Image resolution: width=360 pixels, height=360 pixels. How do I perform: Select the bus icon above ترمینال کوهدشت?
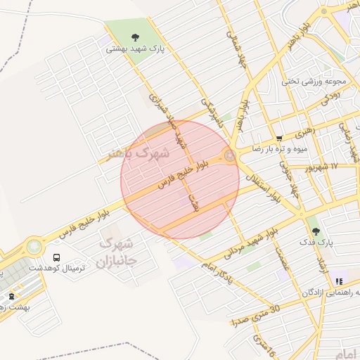click(56, 257)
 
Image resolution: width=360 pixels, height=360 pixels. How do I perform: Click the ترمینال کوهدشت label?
click(74, 269)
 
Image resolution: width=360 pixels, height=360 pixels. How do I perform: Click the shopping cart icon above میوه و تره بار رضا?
click(279, 139)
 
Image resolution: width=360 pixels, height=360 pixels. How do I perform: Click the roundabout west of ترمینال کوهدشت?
click(33, 247)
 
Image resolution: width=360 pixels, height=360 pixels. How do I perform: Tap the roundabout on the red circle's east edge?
click(230, 155)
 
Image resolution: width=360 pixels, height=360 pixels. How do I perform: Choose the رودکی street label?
click(331, 98)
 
